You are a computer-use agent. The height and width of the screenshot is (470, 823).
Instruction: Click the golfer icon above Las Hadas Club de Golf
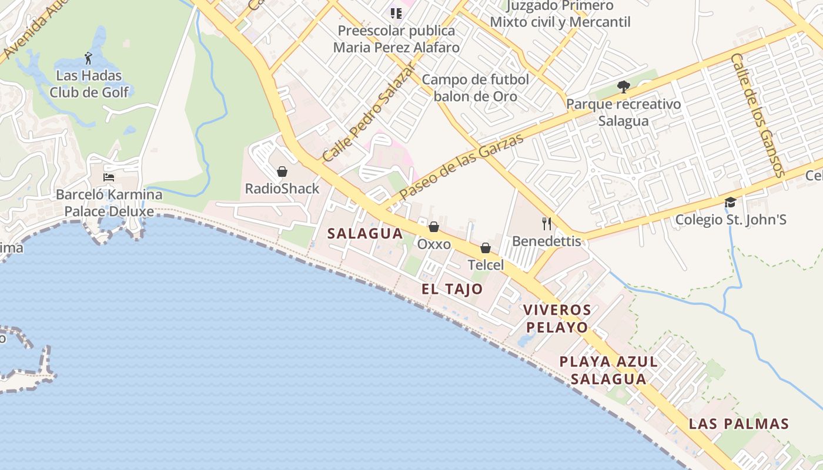tap(88, 58)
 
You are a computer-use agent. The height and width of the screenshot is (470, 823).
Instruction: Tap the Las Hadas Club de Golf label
tap(89, 84)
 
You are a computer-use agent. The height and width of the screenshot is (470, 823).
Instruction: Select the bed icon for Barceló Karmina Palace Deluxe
tap(109, 177)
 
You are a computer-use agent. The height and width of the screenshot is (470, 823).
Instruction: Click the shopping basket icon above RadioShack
tap(282, 172)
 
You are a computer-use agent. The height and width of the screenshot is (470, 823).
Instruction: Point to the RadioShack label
tap(282, 189)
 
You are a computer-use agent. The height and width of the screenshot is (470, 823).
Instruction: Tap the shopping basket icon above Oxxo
tap(434, 227)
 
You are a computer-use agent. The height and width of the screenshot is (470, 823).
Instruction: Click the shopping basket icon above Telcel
tap(486, 248)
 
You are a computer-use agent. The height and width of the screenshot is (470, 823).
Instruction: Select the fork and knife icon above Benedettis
tap(547, 223)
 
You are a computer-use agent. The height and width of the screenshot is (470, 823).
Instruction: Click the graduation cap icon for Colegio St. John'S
tap(730, 203)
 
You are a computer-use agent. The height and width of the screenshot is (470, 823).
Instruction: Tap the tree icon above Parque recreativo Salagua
tap(624, 88)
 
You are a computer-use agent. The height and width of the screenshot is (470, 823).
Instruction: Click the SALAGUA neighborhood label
tap(365, 233)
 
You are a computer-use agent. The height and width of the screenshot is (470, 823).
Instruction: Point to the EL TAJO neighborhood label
tap(452, 288)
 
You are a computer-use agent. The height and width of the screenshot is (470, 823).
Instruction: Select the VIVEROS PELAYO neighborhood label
tap(557, 318)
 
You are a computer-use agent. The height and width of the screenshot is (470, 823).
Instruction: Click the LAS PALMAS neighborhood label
tap(738, 424)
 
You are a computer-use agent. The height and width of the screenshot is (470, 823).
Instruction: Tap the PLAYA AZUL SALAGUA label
tap(608, 370)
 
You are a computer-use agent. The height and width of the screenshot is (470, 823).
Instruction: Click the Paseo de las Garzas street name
tap(461, 166)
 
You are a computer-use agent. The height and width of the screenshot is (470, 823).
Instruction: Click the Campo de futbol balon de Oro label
tap(476, 88)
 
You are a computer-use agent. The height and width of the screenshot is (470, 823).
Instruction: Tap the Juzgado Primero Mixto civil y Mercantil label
tap(560, 14)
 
